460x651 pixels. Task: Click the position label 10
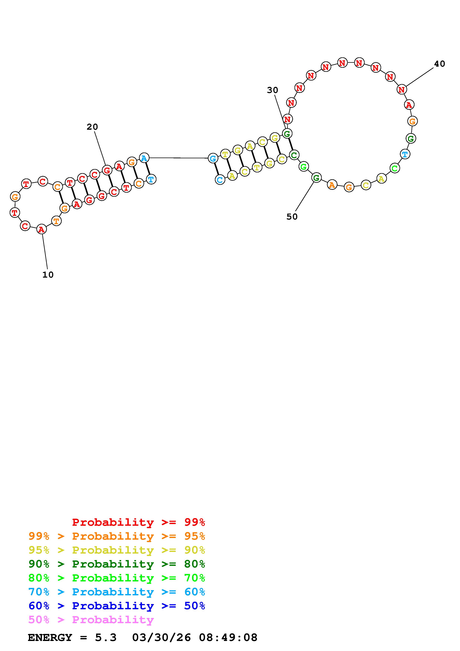pos(48,275)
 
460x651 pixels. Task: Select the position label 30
pos(272,90)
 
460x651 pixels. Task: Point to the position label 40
pos(440,64)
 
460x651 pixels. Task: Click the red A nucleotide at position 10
pos(41,229)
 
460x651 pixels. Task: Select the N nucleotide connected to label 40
pos(401,90)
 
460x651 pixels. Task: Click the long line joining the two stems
pos(178,158)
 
